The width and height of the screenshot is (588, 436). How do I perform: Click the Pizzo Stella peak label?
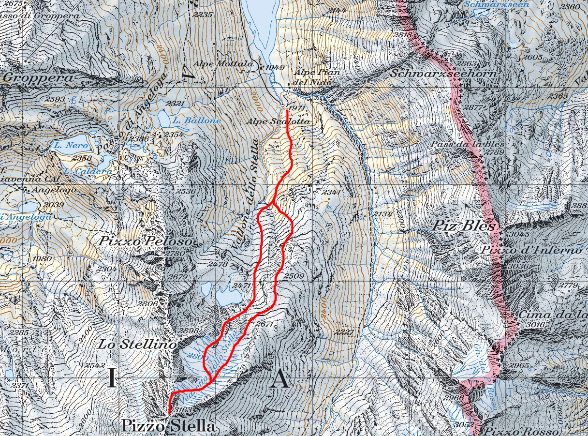(168, 426)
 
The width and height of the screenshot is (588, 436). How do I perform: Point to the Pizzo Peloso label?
(146, 241)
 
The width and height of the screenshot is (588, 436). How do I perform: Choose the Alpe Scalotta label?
(278, 122)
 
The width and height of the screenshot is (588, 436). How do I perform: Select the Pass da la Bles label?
(468, 145)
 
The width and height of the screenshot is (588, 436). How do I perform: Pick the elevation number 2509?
(294, 276)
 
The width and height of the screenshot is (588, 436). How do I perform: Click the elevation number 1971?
(294, 107)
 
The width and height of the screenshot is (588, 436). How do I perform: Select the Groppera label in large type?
(39, 78)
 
